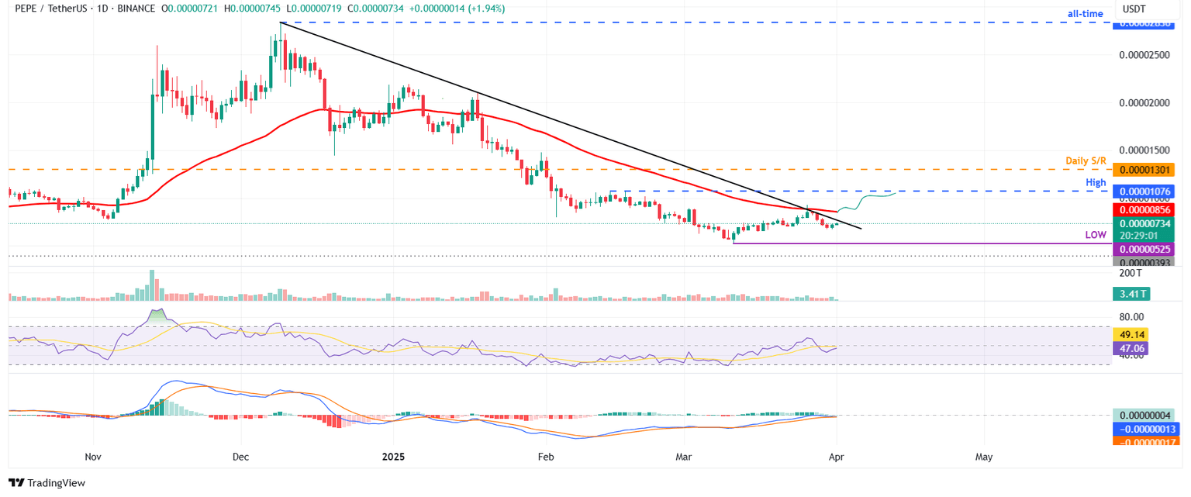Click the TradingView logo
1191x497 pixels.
coord(48,483)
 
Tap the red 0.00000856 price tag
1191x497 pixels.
coord(1144,209)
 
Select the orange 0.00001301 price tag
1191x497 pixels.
coord(1144,169)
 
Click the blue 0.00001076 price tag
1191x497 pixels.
coord(1144,191)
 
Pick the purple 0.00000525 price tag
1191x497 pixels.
coord(1144,249)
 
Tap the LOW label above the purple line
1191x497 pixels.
coord(1094,234)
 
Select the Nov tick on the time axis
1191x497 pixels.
coord(92,457)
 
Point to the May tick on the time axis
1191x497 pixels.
coord(983,457)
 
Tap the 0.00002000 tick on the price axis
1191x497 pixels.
coord(1145,102)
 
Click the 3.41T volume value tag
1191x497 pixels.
coord(1133,293)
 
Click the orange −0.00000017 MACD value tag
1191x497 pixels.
coord(1144,441)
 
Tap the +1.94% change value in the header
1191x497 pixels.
coord(484,9)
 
